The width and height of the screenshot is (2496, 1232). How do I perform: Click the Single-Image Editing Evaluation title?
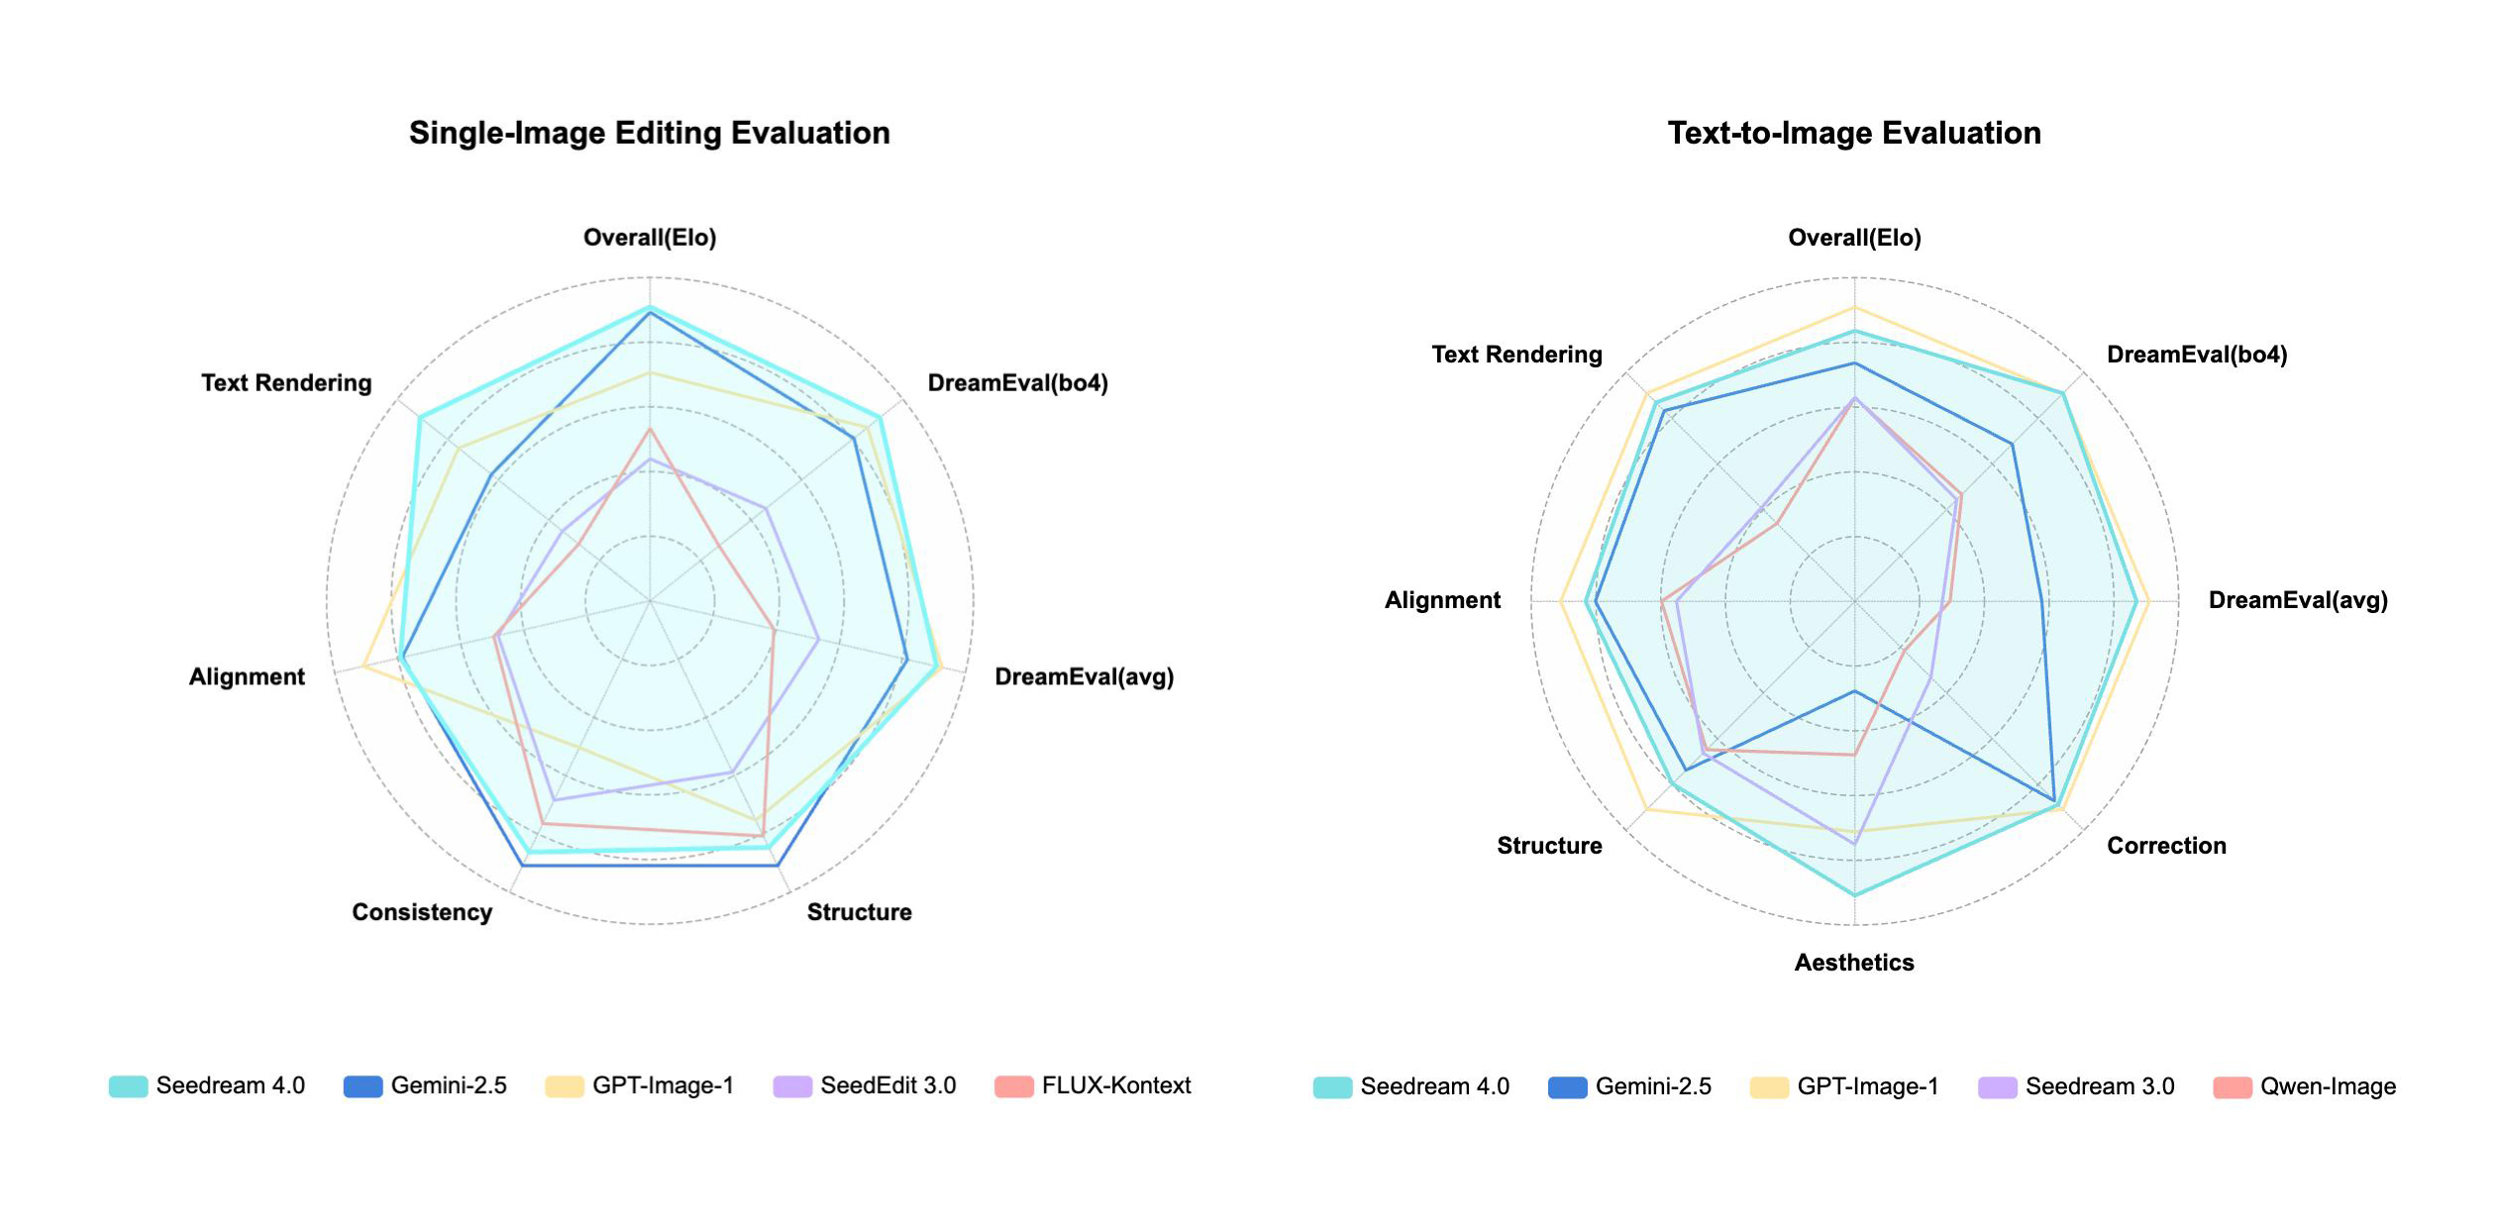649,133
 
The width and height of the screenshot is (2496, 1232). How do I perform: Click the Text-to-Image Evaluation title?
1853,133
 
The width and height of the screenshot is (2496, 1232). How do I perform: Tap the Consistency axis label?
422,912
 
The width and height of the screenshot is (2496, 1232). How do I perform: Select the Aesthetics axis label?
1853,963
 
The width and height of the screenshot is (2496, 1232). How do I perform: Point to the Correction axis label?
2166,846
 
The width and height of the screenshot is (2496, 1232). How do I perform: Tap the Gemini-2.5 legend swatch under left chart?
363,1086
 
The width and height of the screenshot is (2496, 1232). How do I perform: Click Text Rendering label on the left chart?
286,383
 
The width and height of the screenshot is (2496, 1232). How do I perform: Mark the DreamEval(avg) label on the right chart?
2298,600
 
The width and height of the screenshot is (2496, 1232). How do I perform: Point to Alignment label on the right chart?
1442,600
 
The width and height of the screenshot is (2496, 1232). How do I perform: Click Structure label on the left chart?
859,912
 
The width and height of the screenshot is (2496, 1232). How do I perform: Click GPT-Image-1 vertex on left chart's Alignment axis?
364,667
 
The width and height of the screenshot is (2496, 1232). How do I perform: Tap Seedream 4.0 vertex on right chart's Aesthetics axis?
1854,895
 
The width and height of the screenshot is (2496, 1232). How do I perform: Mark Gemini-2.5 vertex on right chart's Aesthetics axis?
1854,691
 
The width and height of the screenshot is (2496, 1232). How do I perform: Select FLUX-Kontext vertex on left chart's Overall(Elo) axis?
650,429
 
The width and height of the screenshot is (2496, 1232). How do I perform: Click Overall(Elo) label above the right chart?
1853,238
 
